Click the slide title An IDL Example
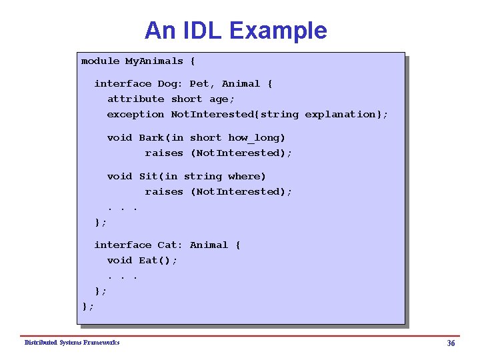coord(235,31)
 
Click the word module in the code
coord(100,61)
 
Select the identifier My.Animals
coord(154,61)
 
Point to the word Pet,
coord(202,84)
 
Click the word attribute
coord(135,99)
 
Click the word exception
coord(135,114)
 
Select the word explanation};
coord(346,114)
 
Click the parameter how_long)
coord(257,138)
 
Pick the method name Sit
coord(148,177)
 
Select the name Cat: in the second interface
coord(170,245)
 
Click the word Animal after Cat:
coord(209,245)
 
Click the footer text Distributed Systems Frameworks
coord(72,343)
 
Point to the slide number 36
coord(451,343)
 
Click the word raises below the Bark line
coord(164,153)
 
